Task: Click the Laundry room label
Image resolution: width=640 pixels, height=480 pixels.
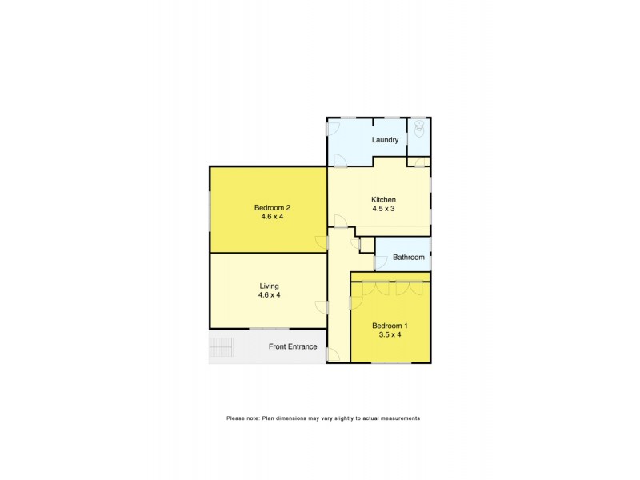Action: pyautogui.click(x=385, y=140)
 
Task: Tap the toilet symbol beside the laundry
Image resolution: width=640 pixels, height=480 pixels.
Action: pyautogui.click(x=418, y=127)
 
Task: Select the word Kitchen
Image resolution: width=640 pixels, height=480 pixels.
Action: pyautogui.click(x=383, y=199)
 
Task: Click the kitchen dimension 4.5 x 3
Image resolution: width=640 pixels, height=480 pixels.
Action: pyautogui.click(x=383, y=209)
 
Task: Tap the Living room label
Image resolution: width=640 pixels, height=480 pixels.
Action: pyautogui.click(x=269, y=286)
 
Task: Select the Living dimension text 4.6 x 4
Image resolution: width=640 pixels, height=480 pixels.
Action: pyautogui.click(x=269, y=295)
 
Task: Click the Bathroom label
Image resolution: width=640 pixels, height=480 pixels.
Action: pyautogui.click(x=408, y=258)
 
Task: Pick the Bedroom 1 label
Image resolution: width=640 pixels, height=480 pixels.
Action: pyautogui.click(x=390, y=325)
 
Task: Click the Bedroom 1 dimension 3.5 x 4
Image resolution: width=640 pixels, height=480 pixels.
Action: pyautogui.click(x=390, y=334)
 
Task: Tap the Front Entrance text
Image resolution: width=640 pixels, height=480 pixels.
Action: pyautogui.click(x=293, y=346)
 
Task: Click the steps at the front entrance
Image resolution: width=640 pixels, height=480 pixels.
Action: pyautogui.click(x=221, y=347)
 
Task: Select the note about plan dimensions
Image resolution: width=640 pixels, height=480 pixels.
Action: pyautogui.click(x=322, y=418)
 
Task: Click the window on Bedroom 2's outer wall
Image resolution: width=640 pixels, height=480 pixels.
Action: pyautogui.click(x=210, y=210)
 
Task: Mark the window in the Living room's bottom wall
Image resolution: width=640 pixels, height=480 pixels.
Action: pyautogui.click(x=269, y=329)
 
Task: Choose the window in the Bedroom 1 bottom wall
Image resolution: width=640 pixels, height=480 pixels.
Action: pyautogui.click(x=390, y=363)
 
